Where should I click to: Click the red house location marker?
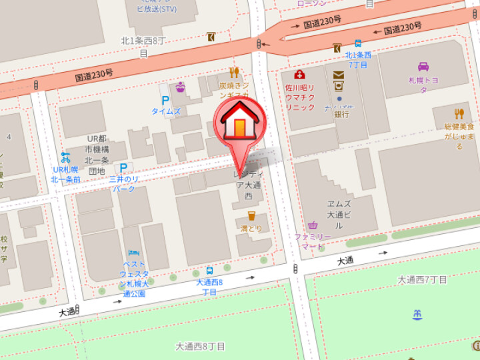pos(239,124)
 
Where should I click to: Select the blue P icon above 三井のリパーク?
pos(122,168)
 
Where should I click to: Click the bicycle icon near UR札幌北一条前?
pos(65,157)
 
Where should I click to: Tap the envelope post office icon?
pos(339,75)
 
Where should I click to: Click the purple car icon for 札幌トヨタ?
pos(423,67)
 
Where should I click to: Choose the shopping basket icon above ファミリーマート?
pos(313,225)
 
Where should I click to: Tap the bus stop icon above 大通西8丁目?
pos(210,271)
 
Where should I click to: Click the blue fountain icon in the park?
pos(418,314)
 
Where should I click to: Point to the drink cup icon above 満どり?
pos(251,215)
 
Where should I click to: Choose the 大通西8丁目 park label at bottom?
pos(201,347)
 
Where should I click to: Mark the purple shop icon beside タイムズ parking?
pos(180,87)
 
